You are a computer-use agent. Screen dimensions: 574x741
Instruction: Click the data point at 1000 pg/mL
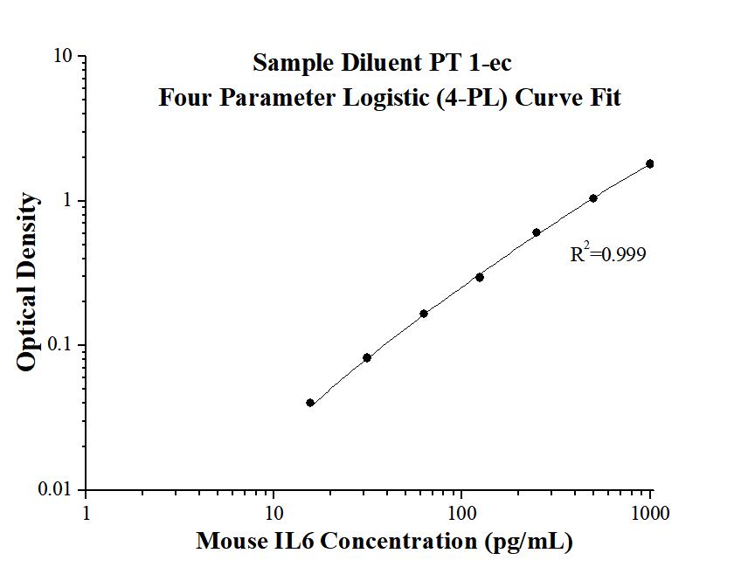pyautogui.click(x=649, y=163)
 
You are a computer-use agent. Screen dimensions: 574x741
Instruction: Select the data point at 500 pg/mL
pyautogui.click(x=593, y=198)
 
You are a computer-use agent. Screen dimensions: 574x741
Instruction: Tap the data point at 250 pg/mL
pyautogui.click(x=537, y=232)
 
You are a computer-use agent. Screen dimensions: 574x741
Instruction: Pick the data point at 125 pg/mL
pyautogui.click(x=480, y=277)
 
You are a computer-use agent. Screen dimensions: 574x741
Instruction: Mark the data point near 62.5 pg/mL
pyautogui.click(x=424, y=314)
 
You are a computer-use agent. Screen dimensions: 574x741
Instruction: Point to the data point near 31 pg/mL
pyautogui.click(x=367, y=357)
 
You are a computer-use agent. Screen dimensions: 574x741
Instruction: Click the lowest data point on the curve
pyautogui.click(x=310, y=403)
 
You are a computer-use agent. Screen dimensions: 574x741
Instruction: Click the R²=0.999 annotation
pyautogui.click(x=608, y=254)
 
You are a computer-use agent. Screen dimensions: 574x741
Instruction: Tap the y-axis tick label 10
pyautogui.click(x=63, y=57)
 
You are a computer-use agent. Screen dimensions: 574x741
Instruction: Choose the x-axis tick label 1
pyautogui.click(x=86, y=513)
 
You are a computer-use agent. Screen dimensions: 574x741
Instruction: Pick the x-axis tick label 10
pyautogui.click(x=274, y=513)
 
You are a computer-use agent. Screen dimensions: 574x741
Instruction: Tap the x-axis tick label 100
pyautogui.click(x=461, y=513)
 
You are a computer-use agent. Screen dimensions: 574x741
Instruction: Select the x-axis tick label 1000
pyautogui.click(x=649, y=513)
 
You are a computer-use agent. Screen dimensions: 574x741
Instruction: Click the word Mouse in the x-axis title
pyautogui.click(x=230, y=542)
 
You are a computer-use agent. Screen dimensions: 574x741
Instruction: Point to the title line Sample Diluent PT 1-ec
pyautogui.click(x=388, y=63)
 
